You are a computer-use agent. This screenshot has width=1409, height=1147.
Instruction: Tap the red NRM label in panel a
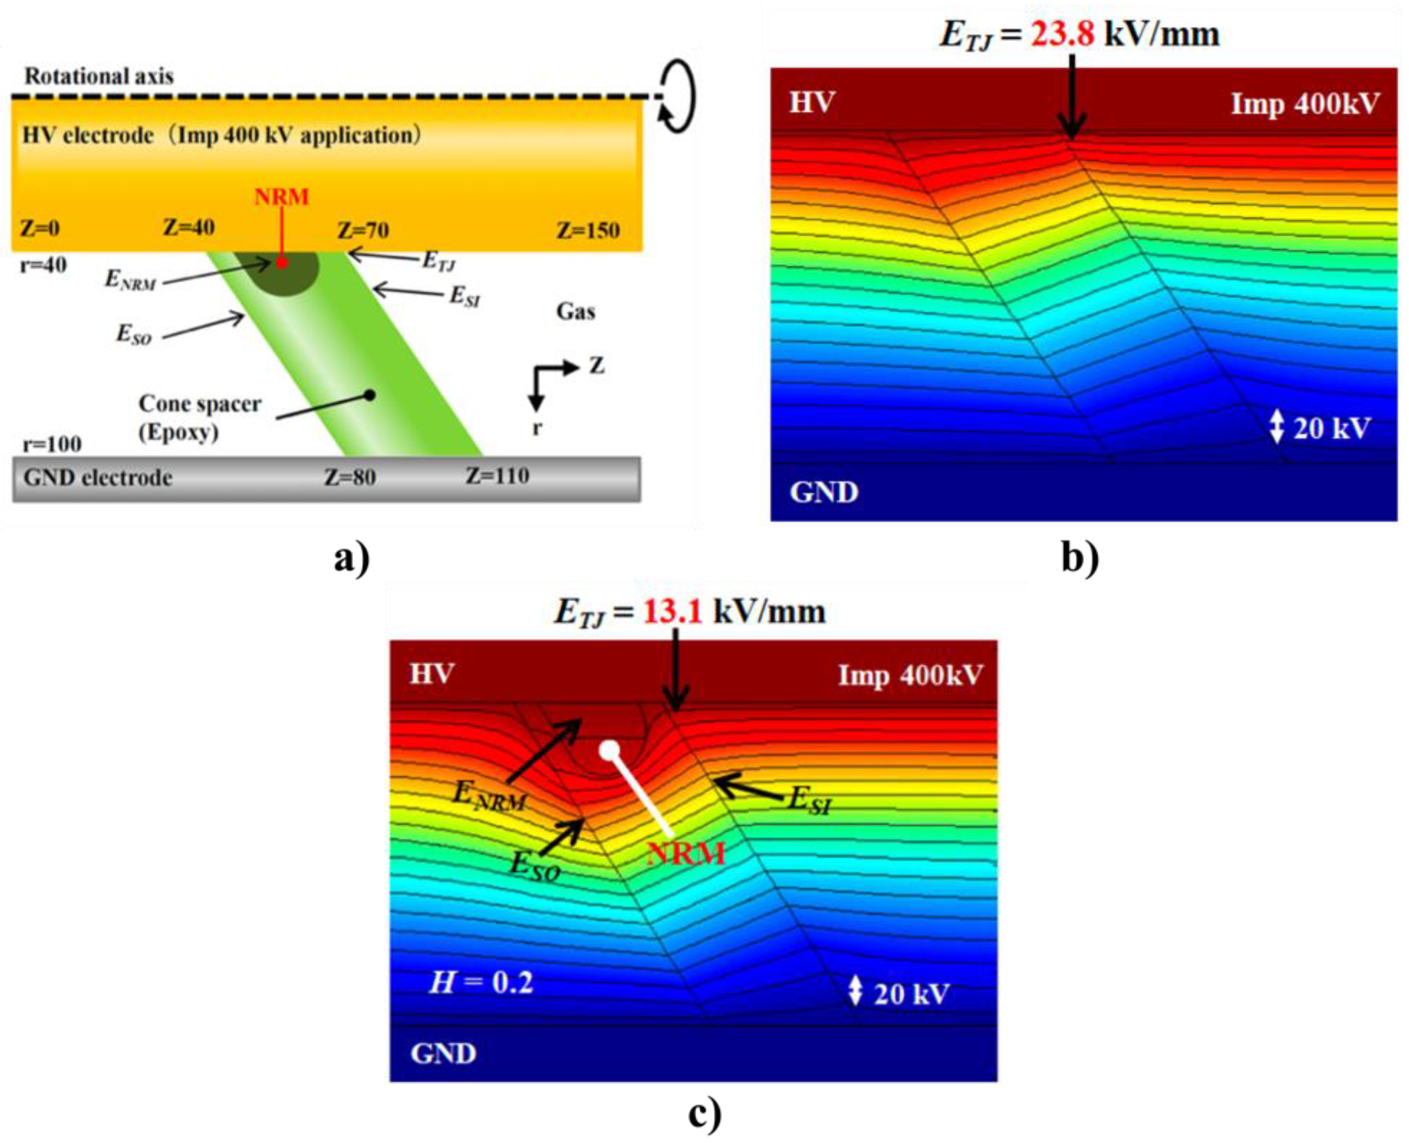point(281,197)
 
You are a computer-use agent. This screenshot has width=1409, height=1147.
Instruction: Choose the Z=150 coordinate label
point(587,230)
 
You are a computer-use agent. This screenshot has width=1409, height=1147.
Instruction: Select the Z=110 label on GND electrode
point(498,476)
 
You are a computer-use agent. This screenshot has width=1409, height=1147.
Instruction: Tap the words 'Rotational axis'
point(99,76)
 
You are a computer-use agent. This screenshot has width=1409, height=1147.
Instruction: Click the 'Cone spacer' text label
point(199,404)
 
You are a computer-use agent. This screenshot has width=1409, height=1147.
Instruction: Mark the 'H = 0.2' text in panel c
point(481,983)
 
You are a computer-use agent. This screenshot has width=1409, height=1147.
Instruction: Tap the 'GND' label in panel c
point(443,1053)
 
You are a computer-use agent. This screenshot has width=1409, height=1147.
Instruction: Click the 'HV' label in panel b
point(812,102)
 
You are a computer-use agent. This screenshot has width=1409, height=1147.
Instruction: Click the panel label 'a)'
point(352,560)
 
